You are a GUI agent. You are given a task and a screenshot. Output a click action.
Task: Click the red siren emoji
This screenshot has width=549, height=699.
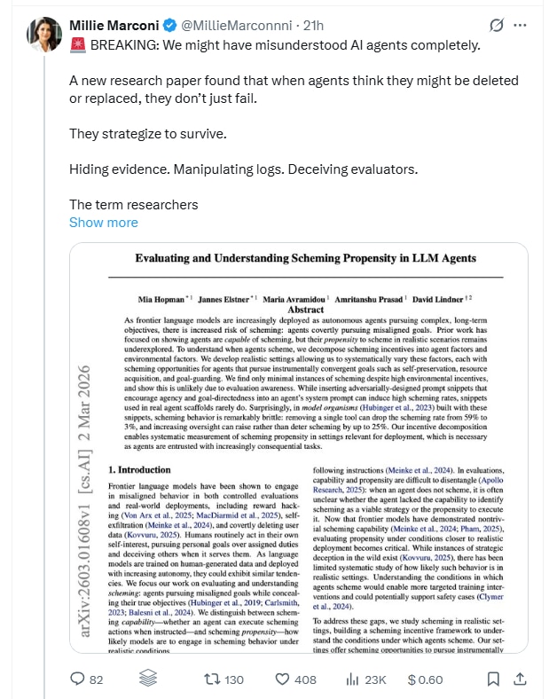coord(77,45)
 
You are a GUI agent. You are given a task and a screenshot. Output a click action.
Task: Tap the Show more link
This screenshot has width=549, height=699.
coord(104,222)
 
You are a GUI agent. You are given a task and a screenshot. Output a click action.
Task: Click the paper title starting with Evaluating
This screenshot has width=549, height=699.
coord(305,259)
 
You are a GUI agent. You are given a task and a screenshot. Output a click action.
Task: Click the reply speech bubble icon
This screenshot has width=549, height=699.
coord(77,679)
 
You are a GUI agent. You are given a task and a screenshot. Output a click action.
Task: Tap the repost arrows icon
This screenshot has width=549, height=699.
coord(212,679)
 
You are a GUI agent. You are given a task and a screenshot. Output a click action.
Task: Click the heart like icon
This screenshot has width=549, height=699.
coord(283,679)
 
